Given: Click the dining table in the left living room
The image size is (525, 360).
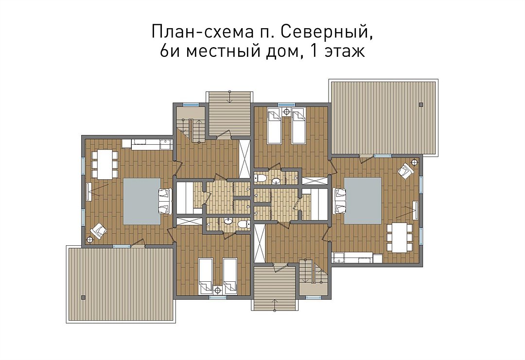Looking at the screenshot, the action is [105, 164].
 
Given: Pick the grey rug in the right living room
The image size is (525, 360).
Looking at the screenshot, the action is [363, 201].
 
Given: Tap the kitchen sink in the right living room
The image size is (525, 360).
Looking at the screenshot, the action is [339, 258].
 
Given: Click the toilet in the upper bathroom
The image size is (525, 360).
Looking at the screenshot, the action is [260, 178].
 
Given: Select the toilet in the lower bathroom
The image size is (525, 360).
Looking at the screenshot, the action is [244, 223].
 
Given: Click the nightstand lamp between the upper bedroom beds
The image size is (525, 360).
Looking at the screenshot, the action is [287, 111].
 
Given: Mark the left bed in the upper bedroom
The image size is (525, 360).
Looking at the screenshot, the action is [274, 126].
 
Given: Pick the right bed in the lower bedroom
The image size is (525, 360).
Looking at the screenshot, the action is [230, 276].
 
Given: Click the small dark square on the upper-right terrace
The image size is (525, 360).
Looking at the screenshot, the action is [421, 104].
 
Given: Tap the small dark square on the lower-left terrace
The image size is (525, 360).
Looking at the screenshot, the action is [83, 297].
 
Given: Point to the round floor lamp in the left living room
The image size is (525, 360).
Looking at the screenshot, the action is [89, 239].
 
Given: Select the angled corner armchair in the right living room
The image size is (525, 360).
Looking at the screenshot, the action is [406, 171].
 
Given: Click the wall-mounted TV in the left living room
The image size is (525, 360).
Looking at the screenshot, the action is [88, 192].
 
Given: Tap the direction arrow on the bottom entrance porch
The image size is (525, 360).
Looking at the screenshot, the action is [275, 305].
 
